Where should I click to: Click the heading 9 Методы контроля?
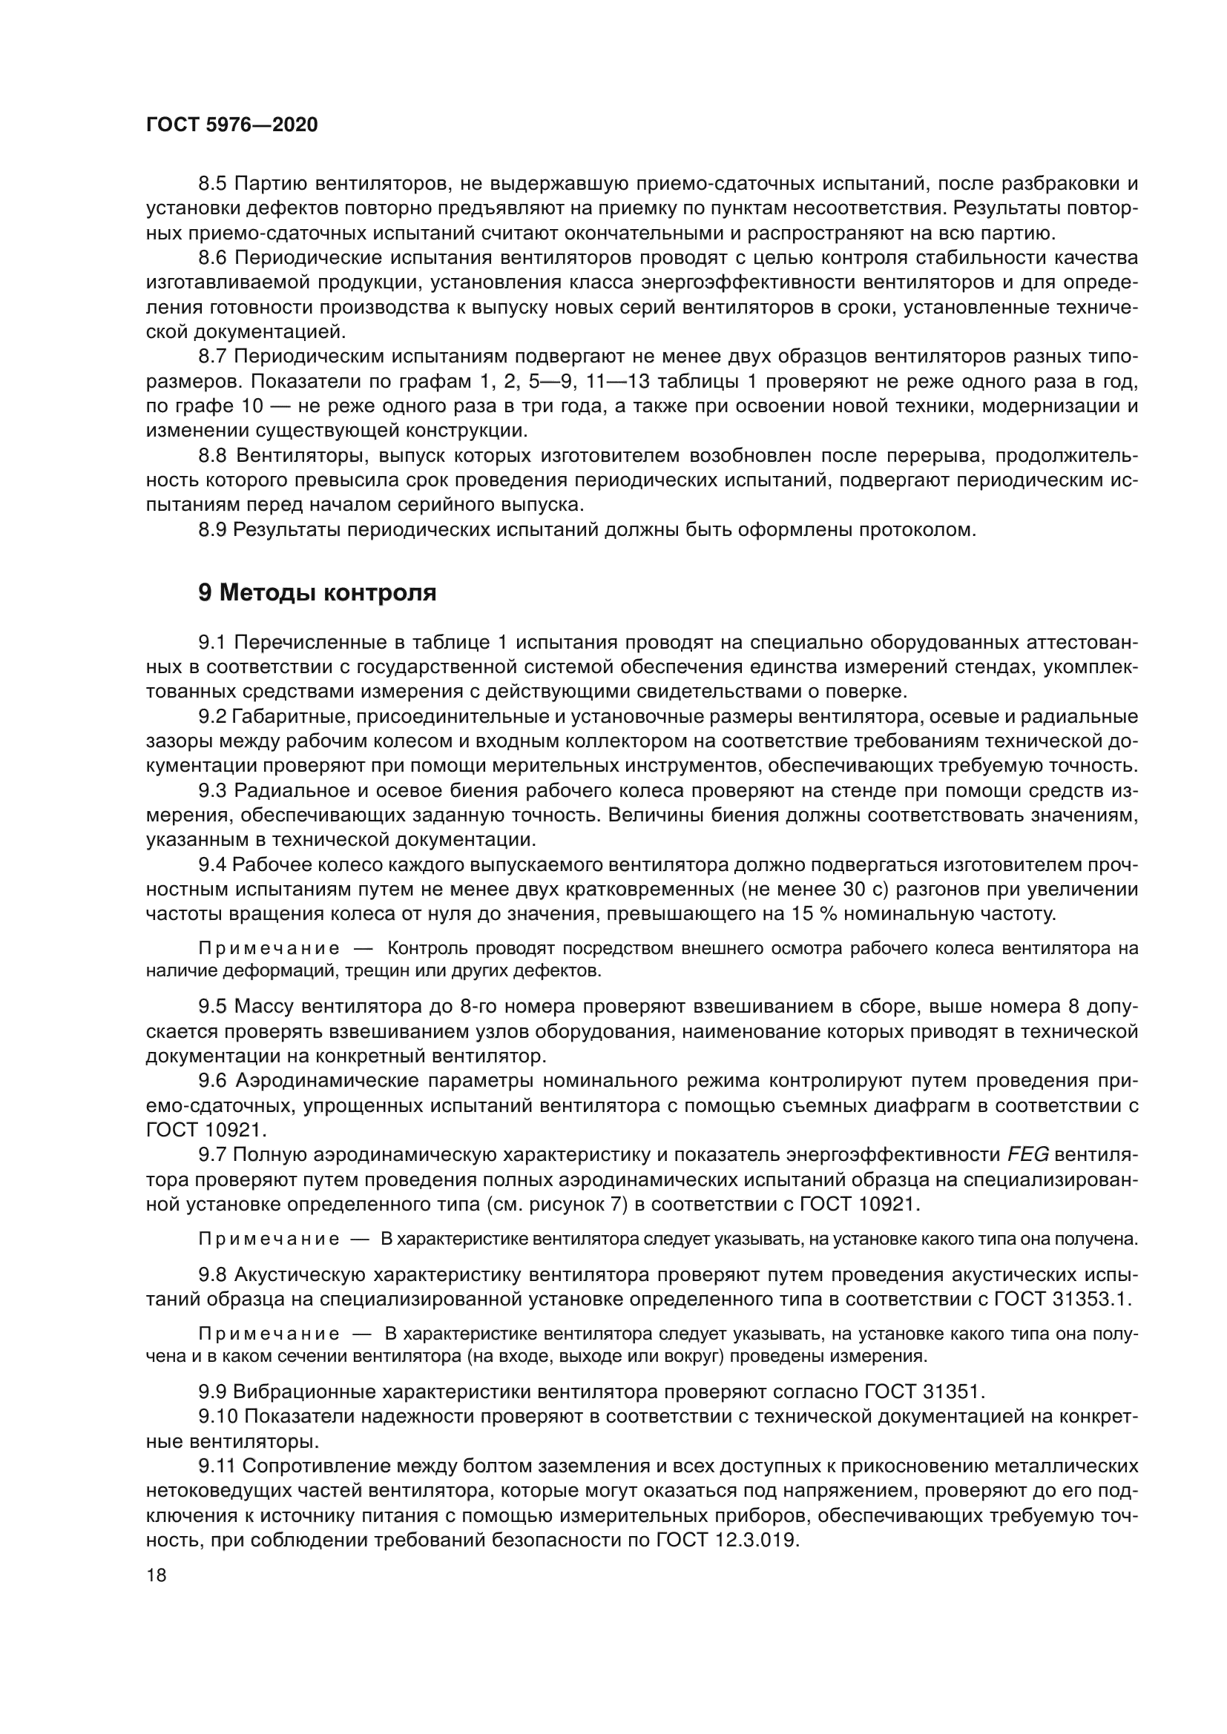click(318, 593)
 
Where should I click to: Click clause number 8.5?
click(213, 184)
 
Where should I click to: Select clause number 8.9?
click(213, 530)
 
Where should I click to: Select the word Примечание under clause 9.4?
click(269, 949)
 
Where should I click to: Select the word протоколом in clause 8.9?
click(918, 530)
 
